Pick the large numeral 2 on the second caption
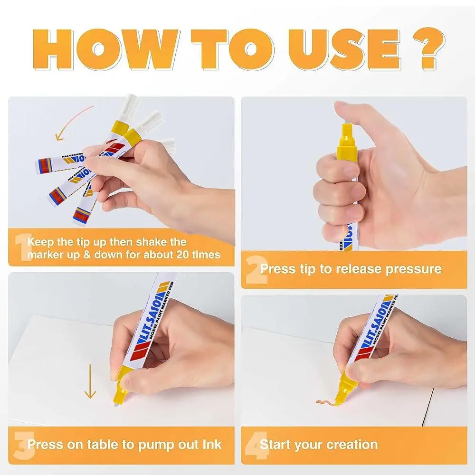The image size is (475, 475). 256,270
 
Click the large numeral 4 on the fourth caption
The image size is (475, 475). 256,445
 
